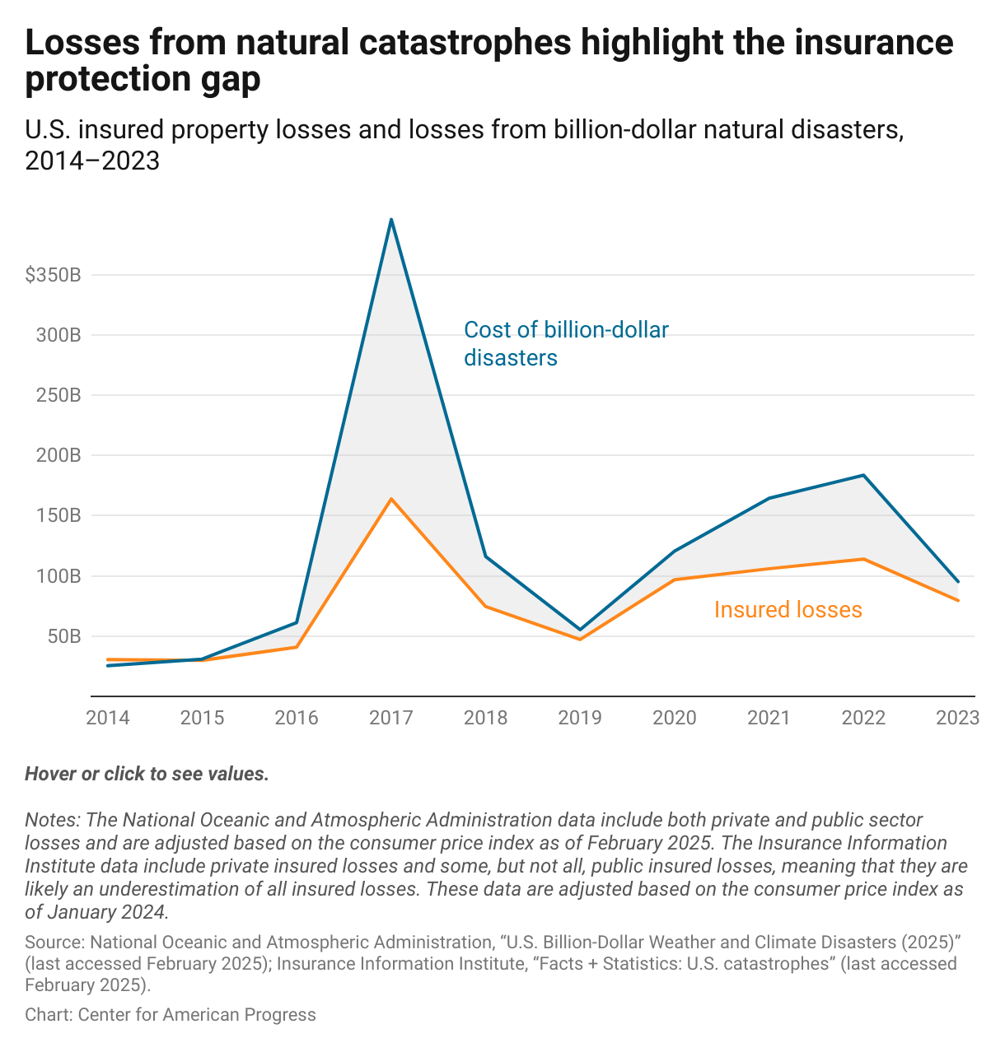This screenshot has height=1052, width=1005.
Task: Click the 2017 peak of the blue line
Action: (391, 219)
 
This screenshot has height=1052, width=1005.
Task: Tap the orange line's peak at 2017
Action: (391, 499)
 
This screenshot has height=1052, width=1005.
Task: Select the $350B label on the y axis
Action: (53, 276)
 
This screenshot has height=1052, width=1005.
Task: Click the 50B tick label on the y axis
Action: (63, 637)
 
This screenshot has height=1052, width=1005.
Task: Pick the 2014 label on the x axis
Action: (108, 718)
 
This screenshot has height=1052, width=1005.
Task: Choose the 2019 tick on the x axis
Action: (580, 718)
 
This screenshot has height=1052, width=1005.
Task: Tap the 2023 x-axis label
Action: (958, 718)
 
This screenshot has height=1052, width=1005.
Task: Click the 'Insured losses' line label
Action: (788, 610)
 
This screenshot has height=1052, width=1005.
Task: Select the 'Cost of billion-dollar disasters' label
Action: (566, 343)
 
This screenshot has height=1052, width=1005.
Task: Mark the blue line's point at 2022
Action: (863, 475)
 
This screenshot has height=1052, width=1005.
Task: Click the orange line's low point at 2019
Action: (580, 640)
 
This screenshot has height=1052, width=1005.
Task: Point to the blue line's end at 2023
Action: (958, 582)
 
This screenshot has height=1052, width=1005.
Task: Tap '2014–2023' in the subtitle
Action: (92, 161)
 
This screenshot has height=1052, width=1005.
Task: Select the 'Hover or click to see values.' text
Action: (147, 775)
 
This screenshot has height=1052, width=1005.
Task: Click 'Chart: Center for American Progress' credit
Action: (171, 1015)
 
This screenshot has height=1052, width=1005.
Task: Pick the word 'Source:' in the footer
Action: (54, 943)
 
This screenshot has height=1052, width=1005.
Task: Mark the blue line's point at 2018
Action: (486, 556)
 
